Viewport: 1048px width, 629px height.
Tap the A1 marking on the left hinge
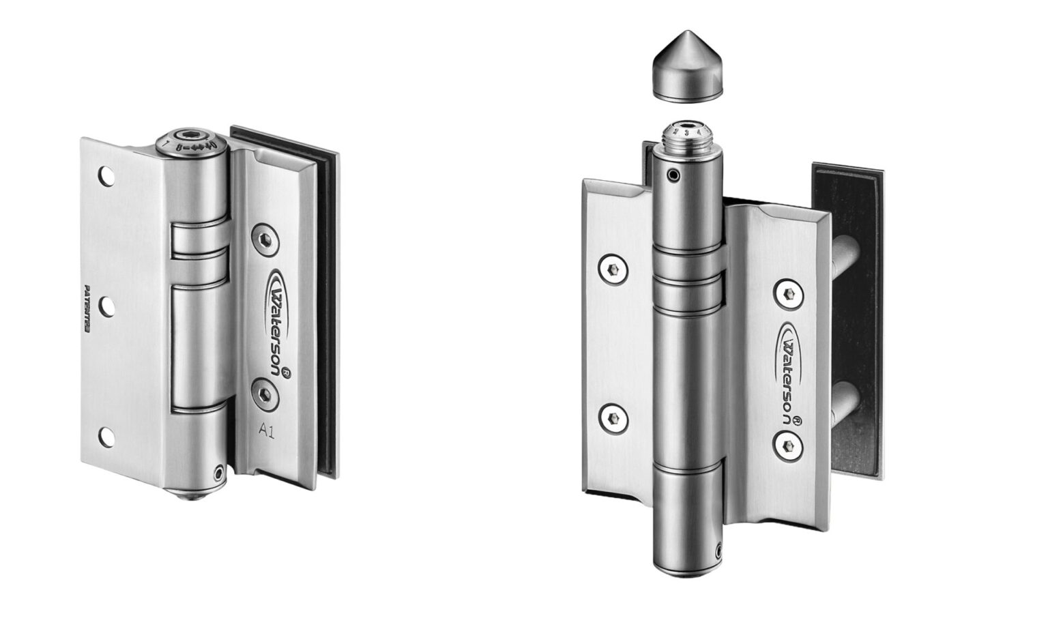pyautogui.click(x=267, y=429)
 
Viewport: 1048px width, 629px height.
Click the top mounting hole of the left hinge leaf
pyautogui.click(x=105, y=177)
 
